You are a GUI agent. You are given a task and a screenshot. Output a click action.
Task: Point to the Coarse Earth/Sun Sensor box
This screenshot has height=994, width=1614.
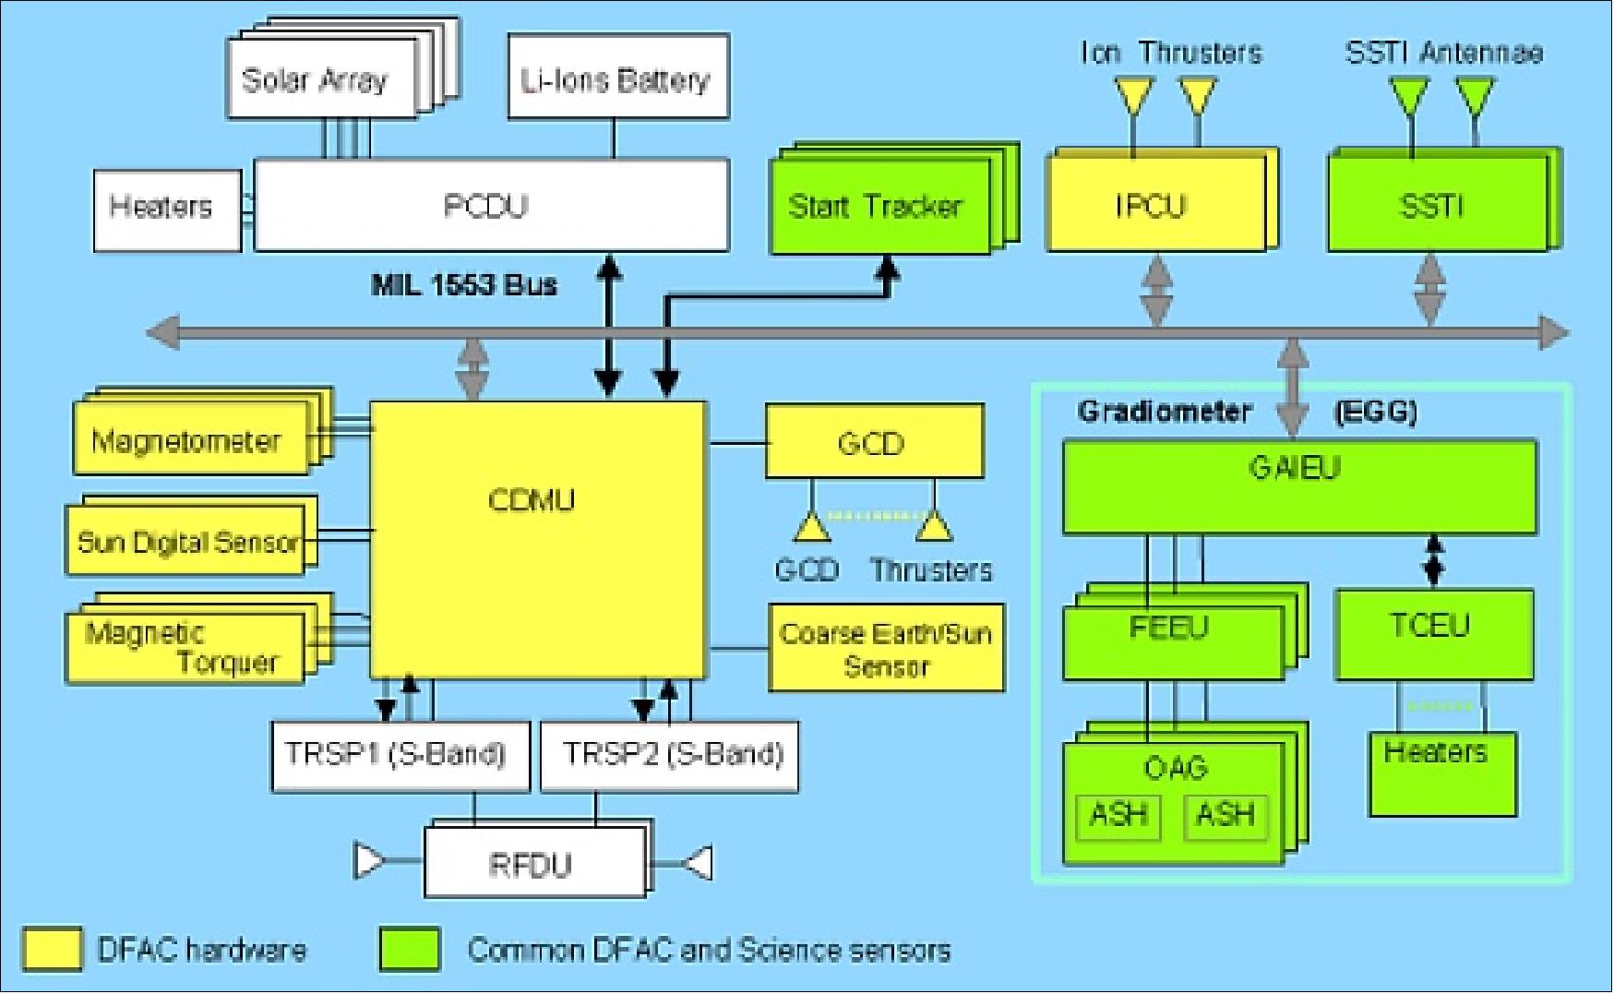885,648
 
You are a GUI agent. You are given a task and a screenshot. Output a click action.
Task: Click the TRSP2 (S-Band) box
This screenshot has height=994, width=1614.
668,756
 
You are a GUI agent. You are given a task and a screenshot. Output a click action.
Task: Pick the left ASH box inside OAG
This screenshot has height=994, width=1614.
1118,816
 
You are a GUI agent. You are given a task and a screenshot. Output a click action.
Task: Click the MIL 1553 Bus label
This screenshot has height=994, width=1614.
463,284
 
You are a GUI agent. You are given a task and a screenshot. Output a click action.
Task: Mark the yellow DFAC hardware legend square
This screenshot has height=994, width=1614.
52,950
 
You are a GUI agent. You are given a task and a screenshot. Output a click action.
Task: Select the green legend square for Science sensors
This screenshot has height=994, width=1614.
409,950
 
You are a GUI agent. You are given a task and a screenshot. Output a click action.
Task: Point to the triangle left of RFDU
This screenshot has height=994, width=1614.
369,861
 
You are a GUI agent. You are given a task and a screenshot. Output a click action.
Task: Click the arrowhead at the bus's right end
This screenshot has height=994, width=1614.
1554,332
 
